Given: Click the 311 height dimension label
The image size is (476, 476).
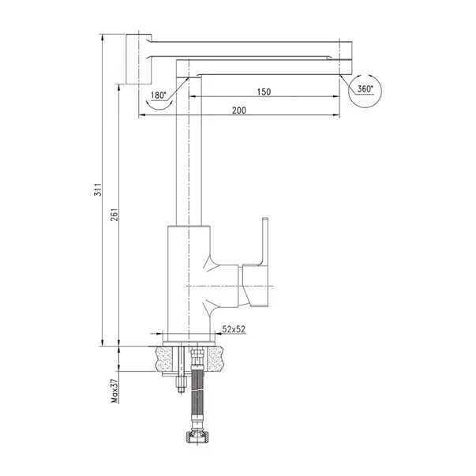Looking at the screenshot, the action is coord(98,189).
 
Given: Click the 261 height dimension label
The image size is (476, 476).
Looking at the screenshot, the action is coord(114,215).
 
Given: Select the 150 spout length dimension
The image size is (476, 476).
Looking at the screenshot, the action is coord(264,92).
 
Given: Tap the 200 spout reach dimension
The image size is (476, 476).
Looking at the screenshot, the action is coord(239,111).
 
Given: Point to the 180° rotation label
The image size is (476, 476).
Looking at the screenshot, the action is coord(159,96).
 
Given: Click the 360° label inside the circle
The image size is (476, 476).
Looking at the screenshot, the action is coord(365,89).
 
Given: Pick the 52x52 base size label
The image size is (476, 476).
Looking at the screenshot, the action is coord(234,329).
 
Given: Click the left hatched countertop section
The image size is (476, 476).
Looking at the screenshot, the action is coord(163,359).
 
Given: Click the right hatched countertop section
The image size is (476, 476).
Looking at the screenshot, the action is coord(216,359).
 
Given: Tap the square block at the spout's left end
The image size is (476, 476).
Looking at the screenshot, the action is coord(138,59).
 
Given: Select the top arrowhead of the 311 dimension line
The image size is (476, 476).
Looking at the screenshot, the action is coord(103,37).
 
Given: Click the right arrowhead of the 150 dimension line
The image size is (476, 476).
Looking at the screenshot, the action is coord(336,96).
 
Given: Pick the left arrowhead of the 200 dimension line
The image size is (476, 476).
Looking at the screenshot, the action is coord(141,115).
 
